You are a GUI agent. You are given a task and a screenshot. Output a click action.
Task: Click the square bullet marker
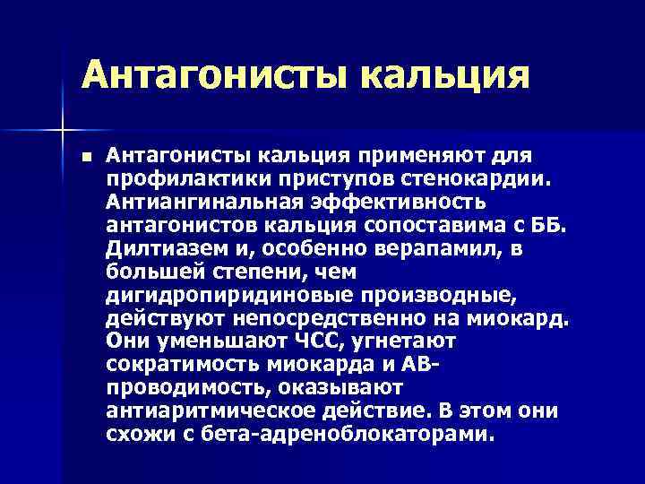[x=85, y=157]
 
